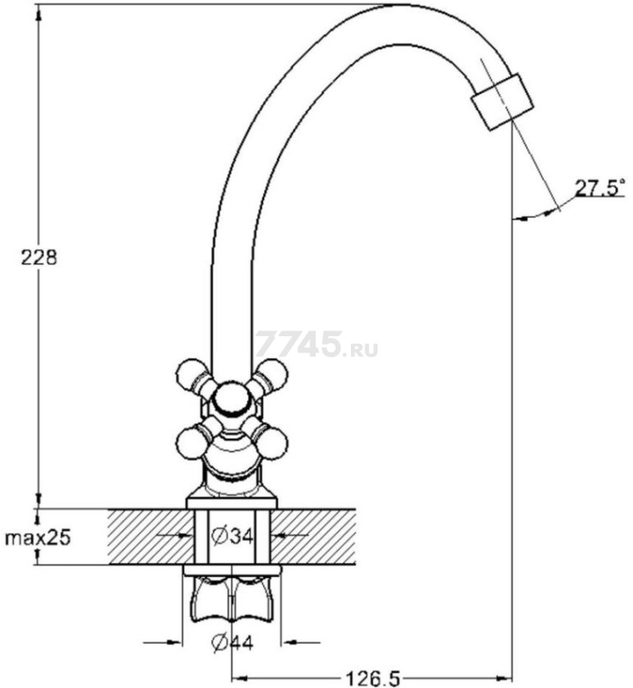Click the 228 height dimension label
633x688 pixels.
pos(39,257)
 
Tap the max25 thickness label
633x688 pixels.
pos(38,537)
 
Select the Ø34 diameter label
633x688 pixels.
pos(232,536)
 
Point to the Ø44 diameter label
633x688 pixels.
pos(232,642)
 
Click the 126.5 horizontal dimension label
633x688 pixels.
pos(373,679)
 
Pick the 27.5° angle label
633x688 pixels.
pos(599,187)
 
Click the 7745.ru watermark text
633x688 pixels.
pos(316,344)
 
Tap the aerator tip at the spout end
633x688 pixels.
pos(502,101)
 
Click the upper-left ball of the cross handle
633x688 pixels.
pos(191,374)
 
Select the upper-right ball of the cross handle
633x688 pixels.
pos(273,374)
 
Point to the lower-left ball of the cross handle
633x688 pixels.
pos(191,443)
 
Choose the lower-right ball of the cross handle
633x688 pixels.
pos(273,443)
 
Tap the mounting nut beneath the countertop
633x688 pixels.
pos(232,599)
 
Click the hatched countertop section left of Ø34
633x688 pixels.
pos(151,537)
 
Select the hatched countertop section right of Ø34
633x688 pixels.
pos(313,537)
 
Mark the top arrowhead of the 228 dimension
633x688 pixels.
pos(39,15)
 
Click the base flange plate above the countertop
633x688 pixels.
pos(232,503)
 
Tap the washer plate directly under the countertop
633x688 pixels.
pos(232,570)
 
